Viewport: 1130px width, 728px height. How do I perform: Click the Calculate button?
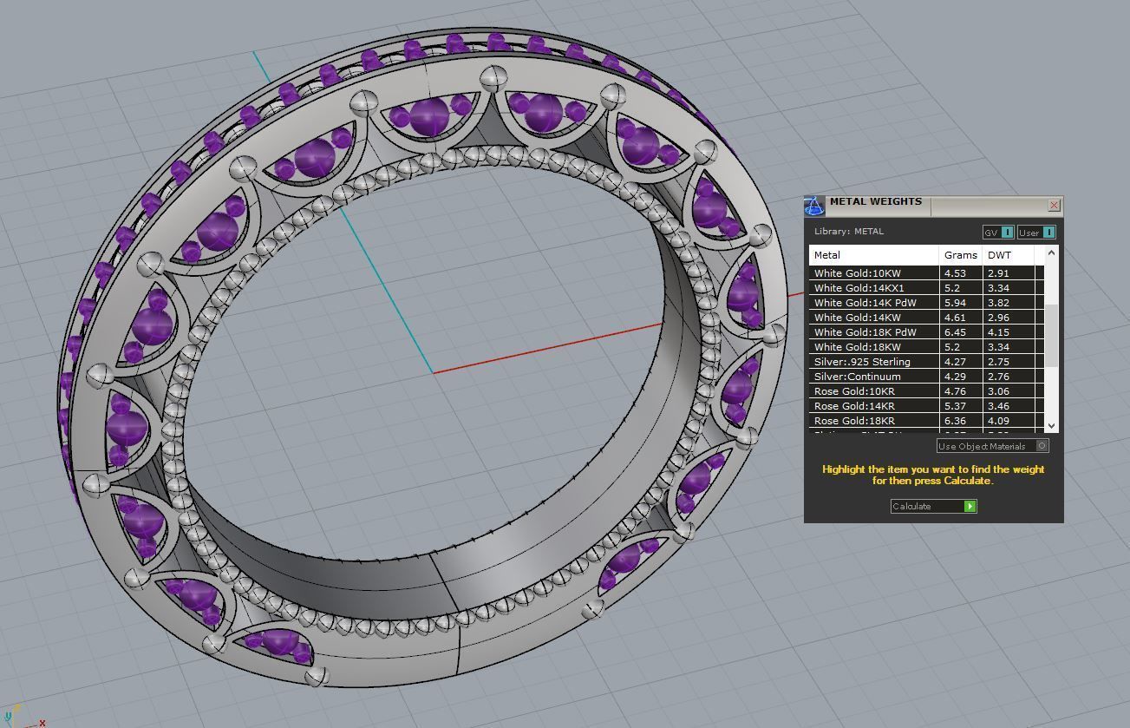(933, 506)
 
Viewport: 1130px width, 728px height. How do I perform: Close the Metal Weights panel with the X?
(1054, 206)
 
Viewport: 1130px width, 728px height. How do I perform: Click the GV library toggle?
(998, 233)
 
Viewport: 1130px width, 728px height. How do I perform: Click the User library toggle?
(1036, 233)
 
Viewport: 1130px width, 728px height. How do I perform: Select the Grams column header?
(960, 255)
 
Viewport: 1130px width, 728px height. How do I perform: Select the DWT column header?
(999, 255)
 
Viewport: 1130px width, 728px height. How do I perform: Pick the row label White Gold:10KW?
(857, 273)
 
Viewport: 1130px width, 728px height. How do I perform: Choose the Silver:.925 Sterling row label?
(862, 362)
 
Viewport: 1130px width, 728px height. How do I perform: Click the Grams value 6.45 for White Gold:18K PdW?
(954, 332)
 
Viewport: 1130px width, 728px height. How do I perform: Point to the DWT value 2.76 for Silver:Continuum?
(998, 377)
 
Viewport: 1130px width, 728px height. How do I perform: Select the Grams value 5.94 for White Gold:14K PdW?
(954, 303)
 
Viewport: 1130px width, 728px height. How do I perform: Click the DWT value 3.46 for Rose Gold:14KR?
(998, 406)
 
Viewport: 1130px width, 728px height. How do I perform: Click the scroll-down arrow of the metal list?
(1051, 425)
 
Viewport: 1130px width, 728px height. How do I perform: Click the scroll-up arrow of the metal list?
(1051, 253)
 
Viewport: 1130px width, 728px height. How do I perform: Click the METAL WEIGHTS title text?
(875, 201)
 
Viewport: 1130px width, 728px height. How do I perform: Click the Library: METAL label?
(848, 232)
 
